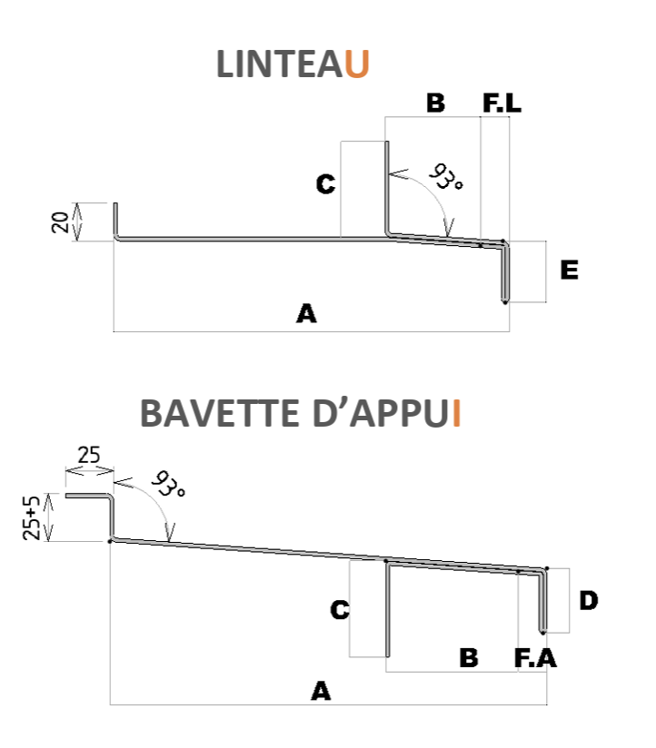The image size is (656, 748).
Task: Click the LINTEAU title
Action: (x=293, y=65)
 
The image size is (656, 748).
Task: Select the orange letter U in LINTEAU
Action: (x=359, y=65)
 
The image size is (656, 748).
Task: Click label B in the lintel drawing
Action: (x=435, y=103)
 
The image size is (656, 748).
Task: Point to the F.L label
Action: (x=502, y=103)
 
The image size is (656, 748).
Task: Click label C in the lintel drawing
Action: (x=325, y=185)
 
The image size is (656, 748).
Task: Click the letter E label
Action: (x=569, y=271)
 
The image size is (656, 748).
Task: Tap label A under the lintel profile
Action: (x=306, y=315)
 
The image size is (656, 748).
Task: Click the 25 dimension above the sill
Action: (x=88, y=456)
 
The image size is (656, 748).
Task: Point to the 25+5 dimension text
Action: (x=33, y=517)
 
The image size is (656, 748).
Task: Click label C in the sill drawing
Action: (x=340, y=610)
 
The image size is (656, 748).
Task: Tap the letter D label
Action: (x=589, y=600)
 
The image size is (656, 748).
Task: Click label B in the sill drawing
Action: (x=469, y=658)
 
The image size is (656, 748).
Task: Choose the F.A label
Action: (x=535, y=658)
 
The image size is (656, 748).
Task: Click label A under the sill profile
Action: (x=320, y=692)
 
